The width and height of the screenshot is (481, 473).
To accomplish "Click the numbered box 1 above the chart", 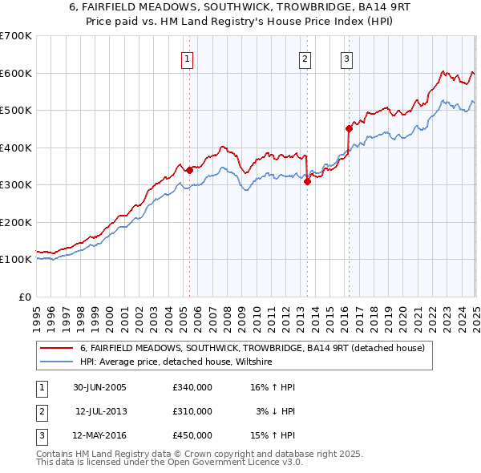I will point(187,58).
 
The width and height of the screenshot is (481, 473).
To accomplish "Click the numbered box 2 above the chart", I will point(305,58).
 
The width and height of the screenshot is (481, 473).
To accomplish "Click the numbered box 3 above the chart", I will point(346,58).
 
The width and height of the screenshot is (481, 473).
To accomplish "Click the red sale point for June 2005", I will point(189,170).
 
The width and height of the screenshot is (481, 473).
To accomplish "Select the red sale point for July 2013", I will point(307,181).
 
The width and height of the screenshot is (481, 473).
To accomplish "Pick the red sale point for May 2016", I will point(349,128).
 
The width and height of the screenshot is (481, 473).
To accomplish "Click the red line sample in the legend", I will point(56,348).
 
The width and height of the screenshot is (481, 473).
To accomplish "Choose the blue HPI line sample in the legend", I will point(56,362).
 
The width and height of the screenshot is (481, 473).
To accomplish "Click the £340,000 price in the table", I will point(192,387).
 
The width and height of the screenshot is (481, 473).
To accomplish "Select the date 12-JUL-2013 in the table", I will point(101,411).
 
